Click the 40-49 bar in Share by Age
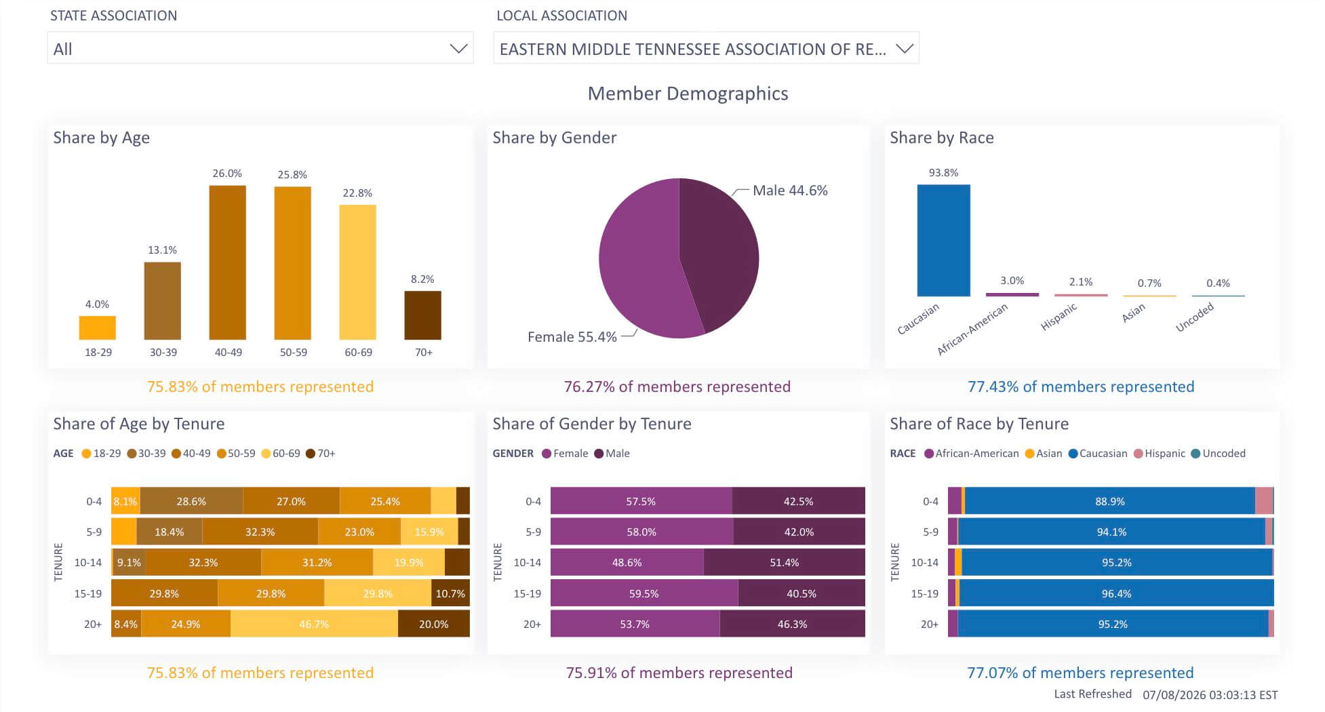pyautogui.click(x=227, y=262)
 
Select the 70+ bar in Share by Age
pyautogui.click(x=422, y=315)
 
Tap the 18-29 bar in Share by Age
pyautogui.click(x=97, y=328)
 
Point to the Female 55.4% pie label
pyautogui.click(x=572, y=337)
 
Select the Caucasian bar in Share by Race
pyautogui.click(x=943, y=240)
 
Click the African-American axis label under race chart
pyautogui.click(x=972, y=329)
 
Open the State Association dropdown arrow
pyautogui.click(x=458, y=49)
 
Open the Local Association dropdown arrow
pyautogui.click(x=905, y=49)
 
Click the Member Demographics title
pyautogui.click(x=688, y=94)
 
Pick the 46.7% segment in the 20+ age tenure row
pyautogui.click(x=314, y=624)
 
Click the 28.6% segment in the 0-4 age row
pyautogui.click(x=191, y=501)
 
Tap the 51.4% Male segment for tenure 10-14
pyautogui.click(x=785, y=562)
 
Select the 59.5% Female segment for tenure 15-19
pyautogui.click(x=644, y=593)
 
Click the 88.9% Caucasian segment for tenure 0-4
pyautogui.click(x=1109, y=501)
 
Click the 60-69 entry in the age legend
pyautogui.click(x=281, y=454)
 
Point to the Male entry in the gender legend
pyautogui.click(x=612, y=454)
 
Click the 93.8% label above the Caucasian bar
pyautogui.click(x=943, y=173)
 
